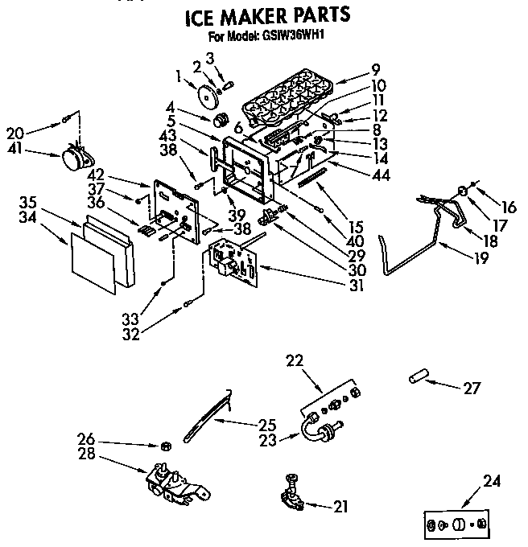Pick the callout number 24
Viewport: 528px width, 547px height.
[492, 483]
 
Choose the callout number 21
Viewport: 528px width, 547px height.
[342, 506]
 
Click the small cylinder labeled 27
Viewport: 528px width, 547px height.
[417, 377]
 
